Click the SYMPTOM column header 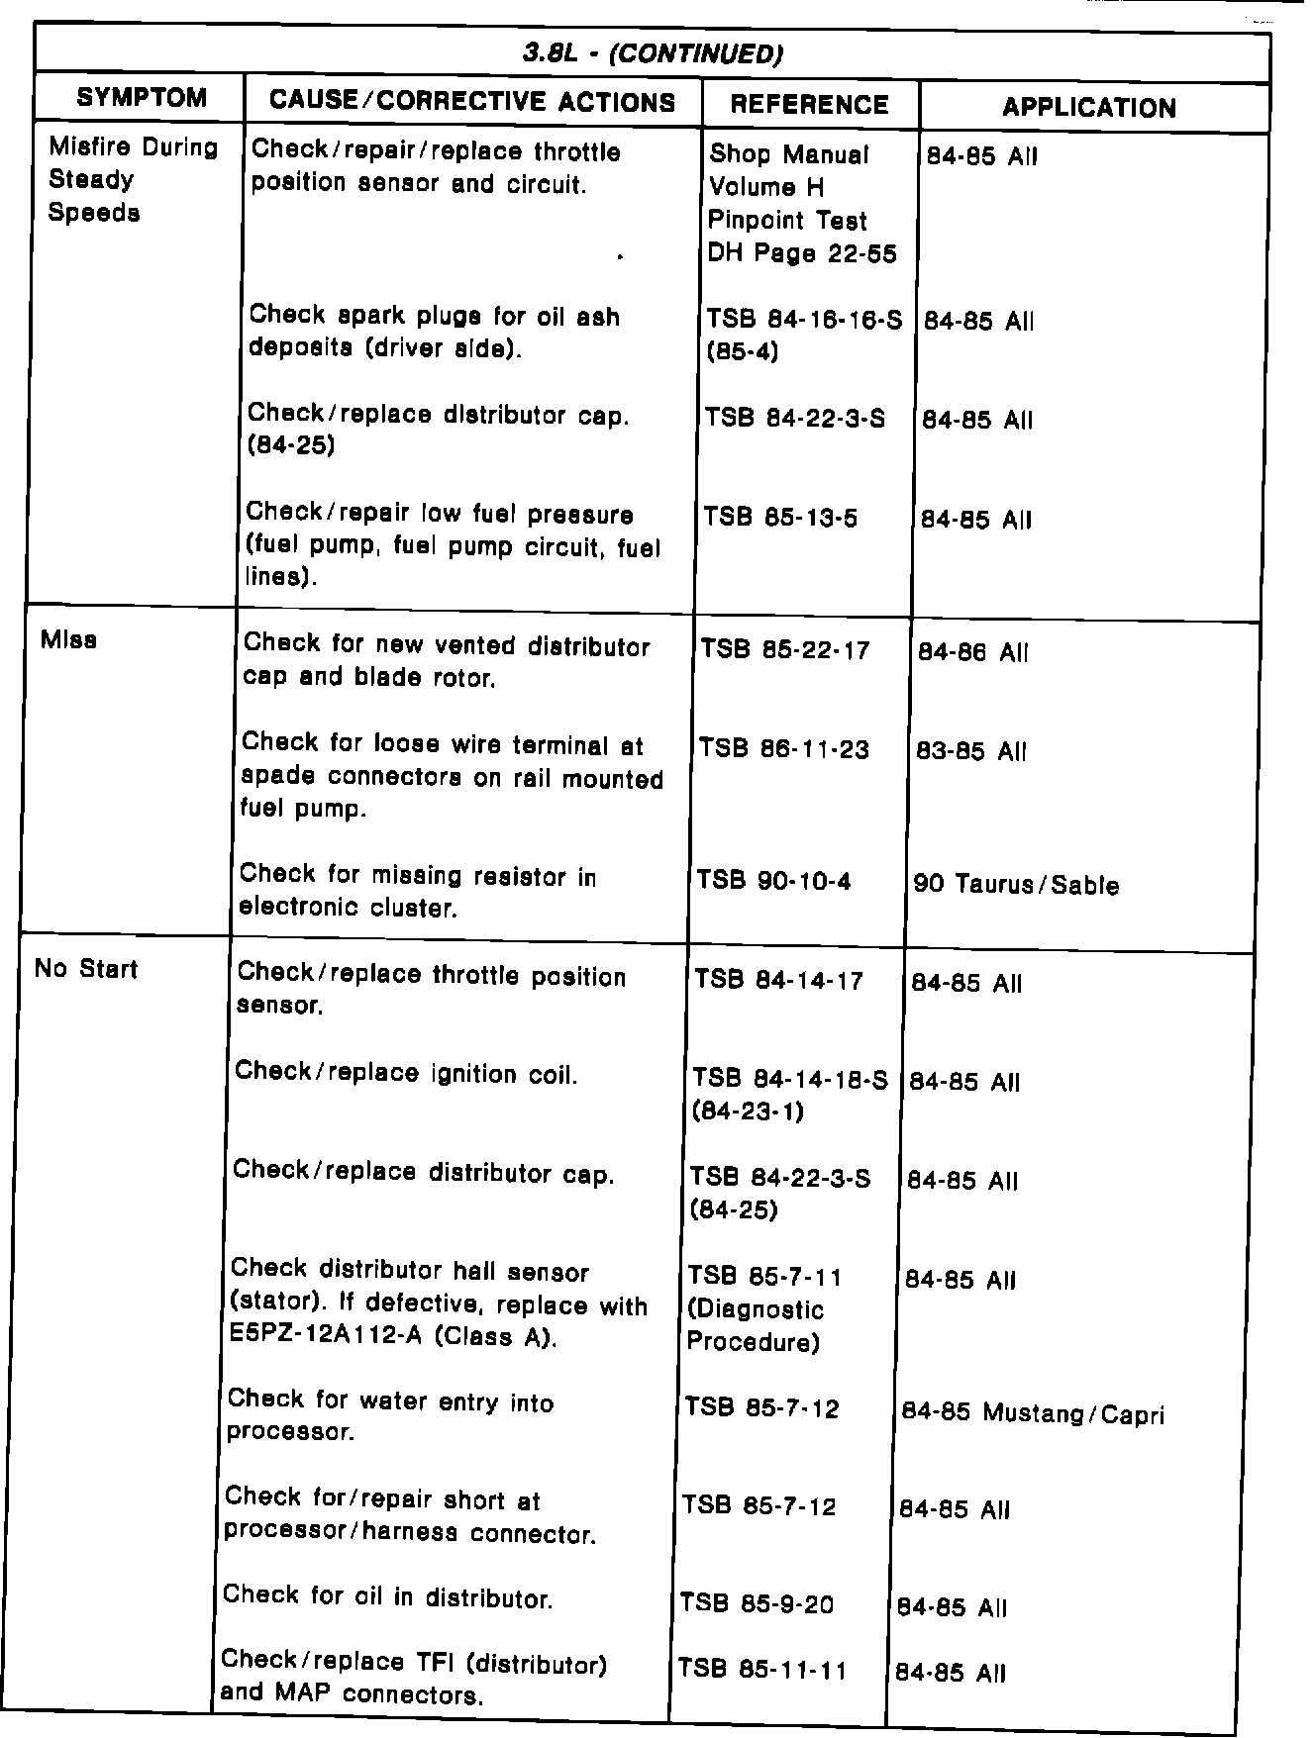pyautogui.click(x=142, y=97)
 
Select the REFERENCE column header pyautogui.click(x=809, y=105)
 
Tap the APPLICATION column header pyautogui.click(x=1089, y=108)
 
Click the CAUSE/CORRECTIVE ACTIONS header pyautogui.click(x=472, y=101)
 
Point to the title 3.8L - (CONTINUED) pyautogui.click(x=654, y=53)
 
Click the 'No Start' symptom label pyautogui.click(x=86, y=968)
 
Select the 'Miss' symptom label pyautogui.click(x=69, y=639)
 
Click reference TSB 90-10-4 pyautogui.click(x=773, y=880)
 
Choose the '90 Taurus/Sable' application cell pyautogui.click(x=1016, y=884)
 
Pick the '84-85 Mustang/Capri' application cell pyautogui.click(x=1033, y=1413)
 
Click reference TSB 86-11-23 pyautogui.click(x=784, y=749)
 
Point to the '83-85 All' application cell pyautogui.click(x=972, y=751)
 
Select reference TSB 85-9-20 pyautogui.click(x=757, y=1603)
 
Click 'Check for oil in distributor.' pyautogui.click(x=387, y=1597)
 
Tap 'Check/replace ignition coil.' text pyautogui.click(x=406, y=1073)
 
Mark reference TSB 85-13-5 pyautogui.click(x=780, y=518)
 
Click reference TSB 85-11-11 pyautogui.click(x=762, y=1671)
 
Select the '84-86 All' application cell pyautogui.click(x=973, y=652)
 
